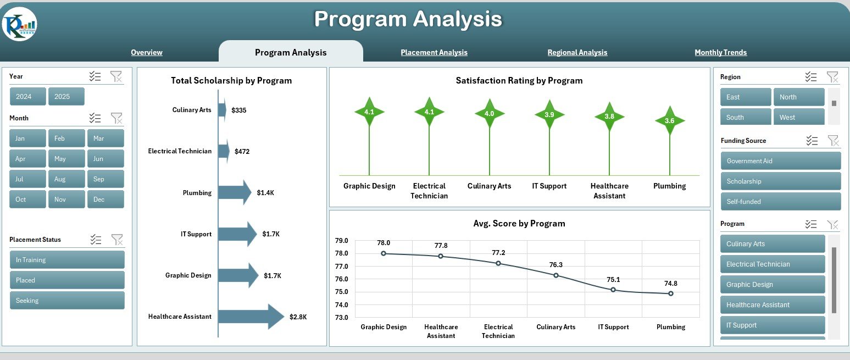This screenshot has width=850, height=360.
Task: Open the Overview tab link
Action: [x=147, y=52]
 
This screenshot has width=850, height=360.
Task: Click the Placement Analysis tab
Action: [x=434, y=52]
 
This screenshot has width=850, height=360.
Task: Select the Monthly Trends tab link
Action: [x=720, y=52]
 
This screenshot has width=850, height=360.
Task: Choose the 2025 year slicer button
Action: [x=66, y=96]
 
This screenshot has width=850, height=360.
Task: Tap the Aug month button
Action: [x=66, y=179]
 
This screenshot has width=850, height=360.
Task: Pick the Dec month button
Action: [x=105, y=200]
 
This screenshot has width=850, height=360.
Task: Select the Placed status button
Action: [x=67, y=280]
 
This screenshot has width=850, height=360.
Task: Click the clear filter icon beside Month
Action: [x=116, y=118]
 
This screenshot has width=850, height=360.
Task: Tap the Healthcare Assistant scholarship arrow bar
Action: [x=251, y=317]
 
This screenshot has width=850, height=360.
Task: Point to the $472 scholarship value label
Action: [x=242, y=152]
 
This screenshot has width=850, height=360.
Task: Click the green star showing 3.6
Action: [x=670, y=121]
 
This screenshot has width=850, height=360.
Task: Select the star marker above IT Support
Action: [x=549, y=115]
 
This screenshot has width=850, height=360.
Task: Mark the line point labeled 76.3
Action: [x=556, y=275]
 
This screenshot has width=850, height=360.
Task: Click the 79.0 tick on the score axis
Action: [x=342, y=240]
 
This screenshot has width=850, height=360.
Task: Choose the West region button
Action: [x=799, y=117]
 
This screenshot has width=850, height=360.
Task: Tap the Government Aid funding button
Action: [x=781, y=161]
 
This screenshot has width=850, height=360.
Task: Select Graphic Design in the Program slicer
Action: [x=773, y=285]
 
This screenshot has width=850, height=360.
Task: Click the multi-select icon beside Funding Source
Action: [x=812, y=141]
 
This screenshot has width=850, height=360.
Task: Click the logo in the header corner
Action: [x=19, y=24]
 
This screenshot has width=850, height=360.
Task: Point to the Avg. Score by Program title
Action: [x=519, y=223]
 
